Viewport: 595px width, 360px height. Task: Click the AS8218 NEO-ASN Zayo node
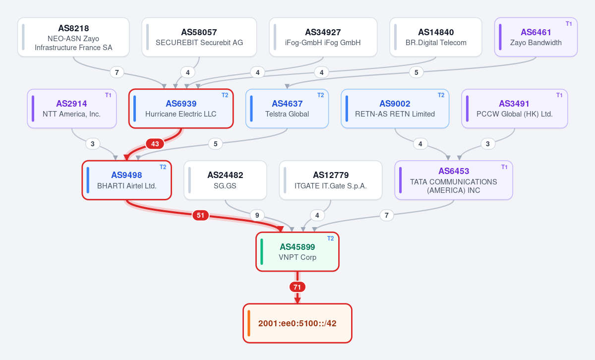[73, 37]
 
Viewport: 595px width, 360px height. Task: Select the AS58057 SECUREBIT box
[199, 37]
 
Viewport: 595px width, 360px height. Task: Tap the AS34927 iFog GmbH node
[323, 37]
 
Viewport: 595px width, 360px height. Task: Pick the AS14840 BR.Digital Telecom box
[436, 37]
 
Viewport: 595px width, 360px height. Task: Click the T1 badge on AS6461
[569, 24]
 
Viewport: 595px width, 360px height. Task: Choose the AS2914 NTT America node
[72, 109]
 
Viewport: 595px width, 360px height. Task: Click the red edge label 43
[155, 144]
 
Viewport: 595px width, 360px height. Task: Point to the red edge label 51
[200, 215]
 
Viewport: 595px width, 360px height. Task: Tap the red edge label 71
[297, 287]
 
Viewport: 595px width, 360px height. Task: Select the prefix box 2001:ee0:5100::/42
[297, 323]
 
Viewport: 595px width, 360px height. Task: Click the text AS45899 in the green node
[297, 247]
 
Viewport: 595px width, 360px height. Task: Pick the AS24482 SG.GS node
[225, 180]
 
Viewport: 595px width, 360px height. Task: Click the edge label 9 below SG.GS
[257, 215]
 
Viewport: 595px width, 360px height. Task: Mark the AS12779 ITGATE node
[331, 180]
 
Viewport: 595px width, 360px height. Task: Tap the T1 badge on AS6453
[504, 167]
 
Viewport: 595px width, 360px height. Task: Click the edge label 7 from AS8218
[117, 72]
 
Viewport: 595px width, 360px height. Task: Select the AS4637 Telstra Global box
[287, 109]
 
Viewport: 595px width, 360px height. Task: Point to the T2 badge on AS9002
[441, 95]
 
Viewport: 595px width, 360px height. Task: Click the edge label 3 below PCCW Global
[488, 144]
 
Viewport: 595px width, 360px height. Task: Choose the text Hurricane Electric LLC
[180, 114]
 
